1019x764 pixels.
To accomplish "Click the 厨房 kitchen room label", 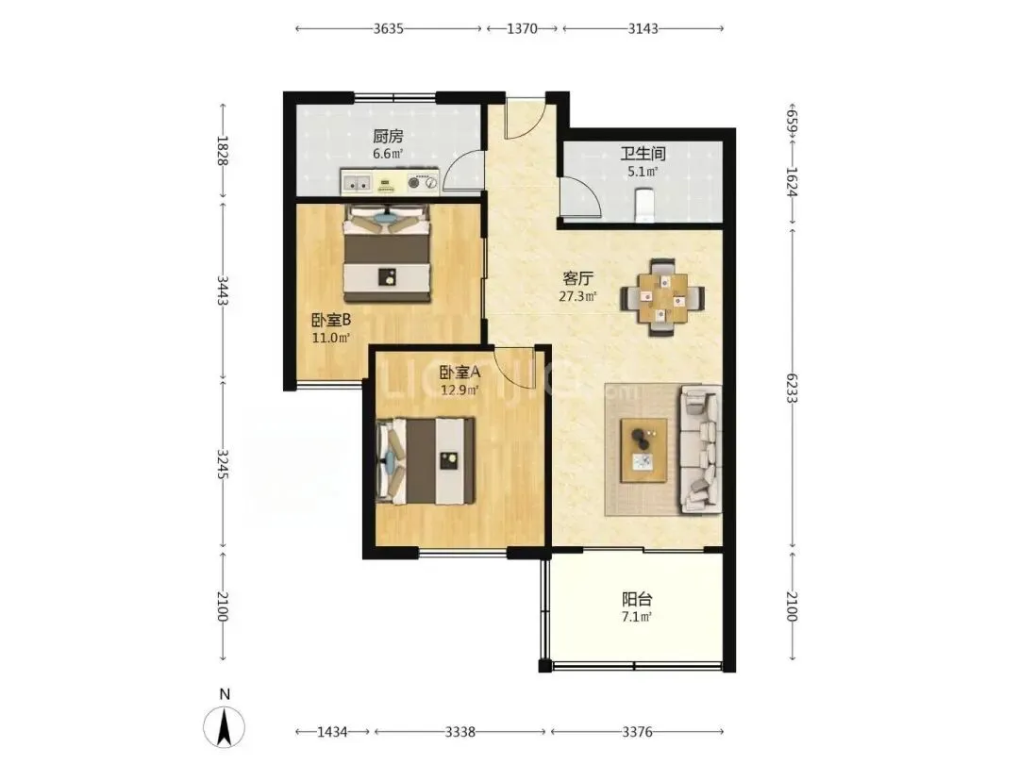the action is tap(388, 137).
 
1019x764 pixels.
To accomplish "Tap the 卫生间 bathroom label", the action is tap(643, 154).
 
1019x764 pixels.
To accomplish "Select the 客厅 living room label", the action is tap(577, 278).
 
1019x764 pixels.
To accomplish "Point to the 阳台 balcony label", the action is tap(637, 599).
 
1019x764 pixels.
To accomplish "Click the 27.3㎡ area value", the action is tap(577, 297).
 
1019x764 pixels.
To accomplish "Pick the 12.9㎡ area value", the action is tap(459, 390).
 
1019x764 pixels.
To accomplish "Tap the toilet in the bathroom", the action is tap(644, 205).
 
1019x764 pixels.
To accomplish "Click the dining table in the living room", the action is tap(662, 297).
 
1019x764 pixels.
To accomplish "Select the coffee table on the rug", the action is tap(644, 450).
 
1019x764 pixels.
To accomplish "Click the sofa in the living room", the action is tap(700, 450).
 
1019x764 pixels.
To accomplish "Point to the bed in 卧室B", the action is tap(388, 254).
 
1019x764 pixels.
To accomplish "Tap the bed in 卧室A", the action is tap(426, 461).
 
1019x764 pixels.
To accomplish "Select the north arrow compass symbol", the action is tap(225, 725).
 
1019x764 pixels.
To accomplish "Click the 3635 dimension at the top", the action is tap(389, 28).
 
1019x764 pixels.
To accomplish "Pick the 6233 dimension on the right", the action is tap(792, 388).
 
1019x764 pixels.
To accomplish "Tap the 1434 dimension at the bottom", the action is tap(332, 732).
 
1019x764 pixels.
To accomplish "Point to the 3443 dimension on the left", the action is tap(223, 291).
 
